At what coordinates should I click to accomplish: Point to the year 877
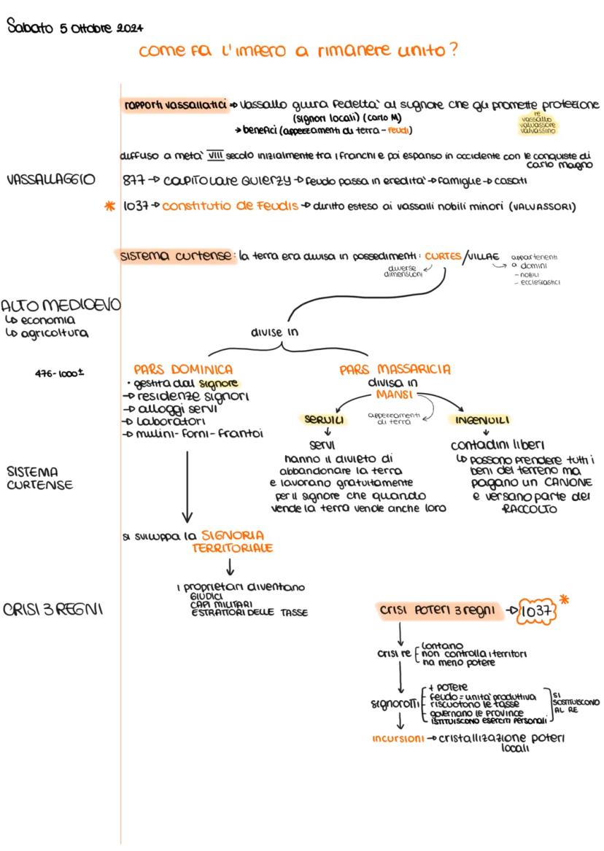134,180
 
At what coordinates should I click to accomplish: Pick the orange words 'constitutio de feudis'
230,207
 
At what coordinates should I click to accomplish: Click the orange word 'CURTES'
442,257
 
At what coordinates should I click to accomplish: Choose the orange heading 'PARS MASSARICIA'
395,370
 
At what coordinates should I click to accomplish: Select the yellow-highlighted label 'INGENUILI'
482,421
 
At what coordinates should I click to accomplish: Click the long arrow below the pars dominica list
187,485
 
